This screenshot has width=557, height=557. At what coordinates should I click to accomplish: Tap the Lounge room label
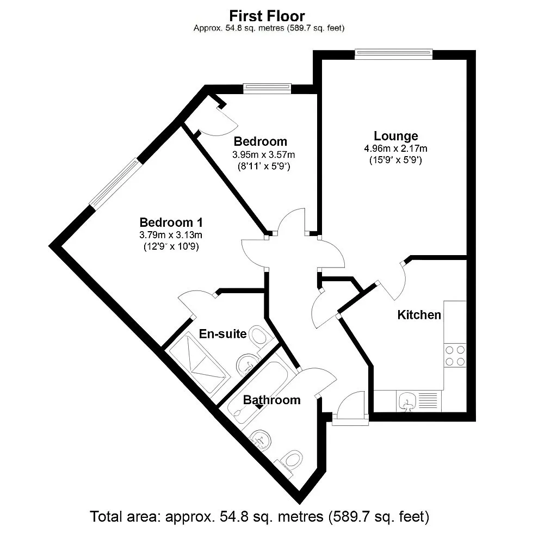pyautogui.click(x=395, y=136)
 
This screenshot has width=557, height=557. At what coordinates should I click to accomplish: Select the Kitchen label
pyautogui.click(x=419, y=314)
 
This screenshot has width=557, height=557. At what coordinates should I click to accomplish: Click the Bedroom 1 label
pyautogui.click(x=171, y=222)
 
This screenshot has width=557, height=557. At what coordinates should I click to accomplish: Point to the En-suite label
pyautogui.click(x=222, y=333)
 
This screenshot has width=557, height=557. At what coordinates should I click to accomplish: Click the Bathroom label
pyautogui.click(x=271, y=400)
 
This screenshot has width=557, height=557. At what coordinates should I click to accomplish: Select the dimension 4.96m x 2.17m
pyautogui.click(x=395, y=148)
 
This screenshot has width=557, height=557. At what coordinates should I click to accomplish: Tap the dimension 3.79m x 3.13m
pyautogui.click(x=171, y=235)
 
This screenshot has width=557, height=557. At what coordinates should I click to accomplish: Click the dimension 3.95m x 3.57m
pyautogui.click(x=263, y=154)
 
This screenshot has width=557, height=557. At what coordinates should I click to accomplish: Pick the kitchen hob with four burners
pyautogui.click(x=455, y=356)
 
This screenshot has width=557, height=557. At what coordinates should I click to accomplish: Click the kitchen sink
pyautogui.click(x=406, y=402)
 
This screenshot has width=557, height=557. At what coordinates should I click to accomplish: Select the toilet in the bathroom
pyautogui.click(x=292, y=460)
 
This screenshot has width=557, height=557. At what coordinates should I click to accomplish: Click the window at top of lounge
pyautogui.click(x=393, y=53)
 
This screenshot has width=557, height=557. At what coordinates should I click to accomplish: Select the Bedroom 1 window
pyautogui.click(x=115, y=183)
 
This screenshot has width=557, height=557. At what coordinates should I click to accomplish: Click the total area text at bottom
pyautogui.click(x=259, y=516)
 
